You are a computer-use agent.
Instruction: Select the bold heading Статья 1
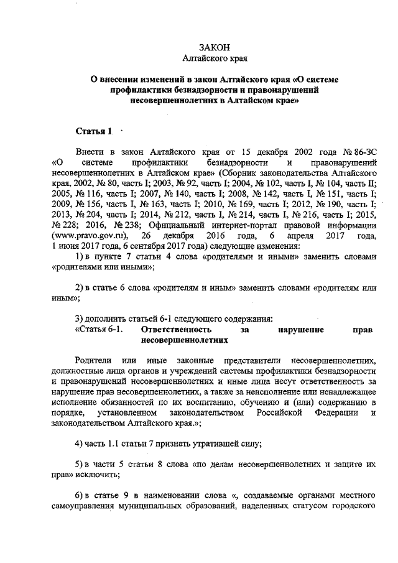click(x=93, y=131)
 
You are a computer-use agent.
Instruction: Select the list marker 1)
click(x=79, y=257)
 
